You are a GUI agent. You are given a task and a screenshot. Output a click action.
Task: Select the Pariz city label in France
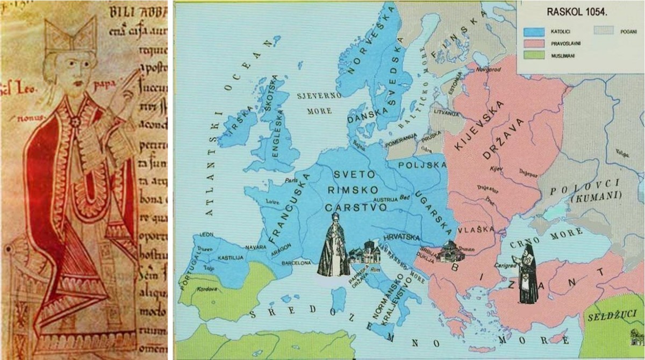coord(291,180)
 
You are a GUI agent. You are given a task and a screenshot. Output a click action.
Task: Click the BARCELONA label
coord(296,263)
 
